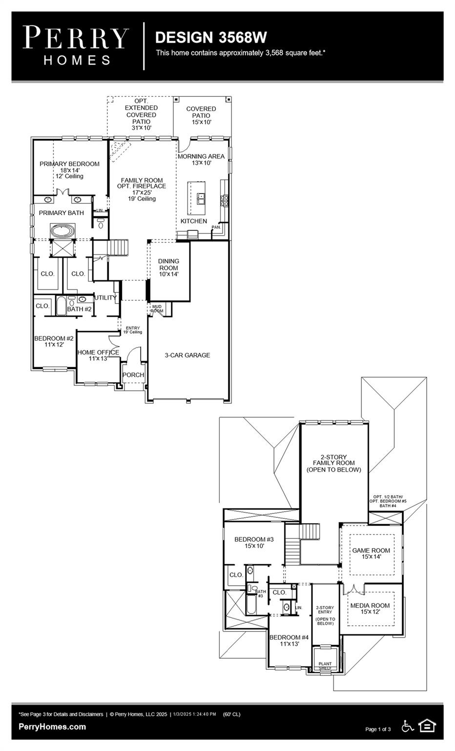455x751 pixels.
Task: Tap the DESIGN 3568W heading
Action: (x=210, y=38)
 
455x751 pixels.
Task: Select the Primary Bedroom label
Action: (x=69, y=164)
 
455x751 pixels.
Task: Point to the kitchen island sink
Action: (x=200, y=198)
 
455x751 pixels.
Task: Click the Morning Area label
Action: (x=201, y=156)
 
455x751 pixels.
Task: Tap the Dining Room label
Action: (x=168, y=265)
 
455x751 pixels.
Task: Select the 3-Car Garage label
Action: (x=187, y=355)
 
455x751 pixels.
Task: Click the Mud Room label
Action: (x=157, y=309)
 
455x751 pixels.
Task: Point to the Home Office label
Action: (x=98, y=353)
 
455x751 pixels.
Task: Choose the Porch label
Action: (x=133, y=375)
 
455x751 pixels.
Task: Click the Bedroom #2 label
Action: (x=54, y=338)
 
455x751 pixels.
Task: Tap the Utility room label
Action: (x=105, y=298)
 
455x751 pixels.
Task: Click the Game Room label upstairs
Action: (x=371, y=551)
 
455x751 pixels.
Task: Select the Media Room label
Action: (x=370, y=606)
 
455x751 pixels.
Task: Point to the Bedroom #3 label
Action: (x=254, y=540)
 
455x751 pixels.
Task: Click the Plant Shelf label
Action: (x=325, y=666)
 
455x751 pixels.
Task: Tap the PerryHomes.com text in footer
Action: (x=52, y=727)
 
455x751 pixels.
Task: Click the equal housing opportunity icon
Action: (x=427, y=726)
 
